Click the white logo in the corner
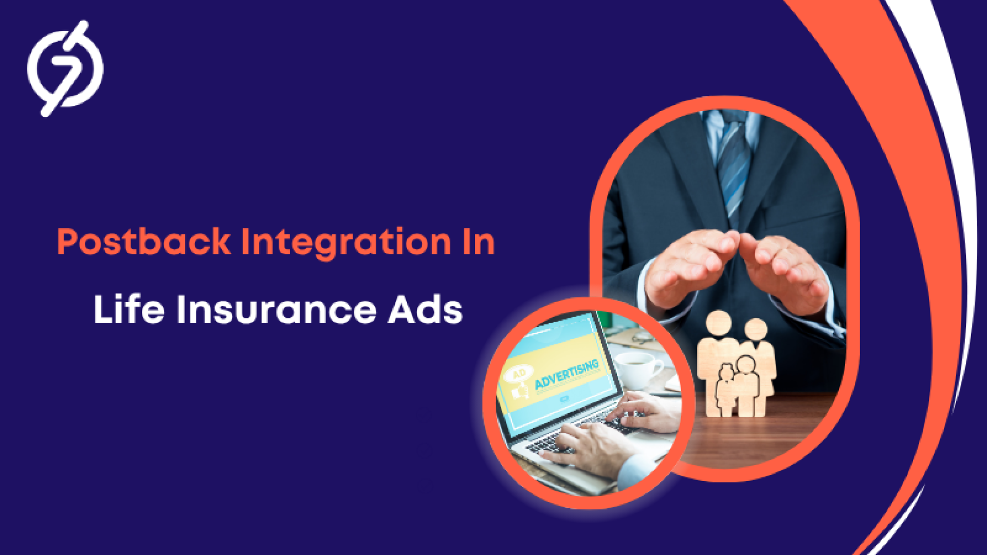tap(65, 68)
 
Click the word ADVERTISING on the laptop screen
tap(566, 374)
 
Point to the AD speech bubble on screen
tap(519, 374)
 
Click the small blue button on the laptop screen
tap(564, 398)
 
